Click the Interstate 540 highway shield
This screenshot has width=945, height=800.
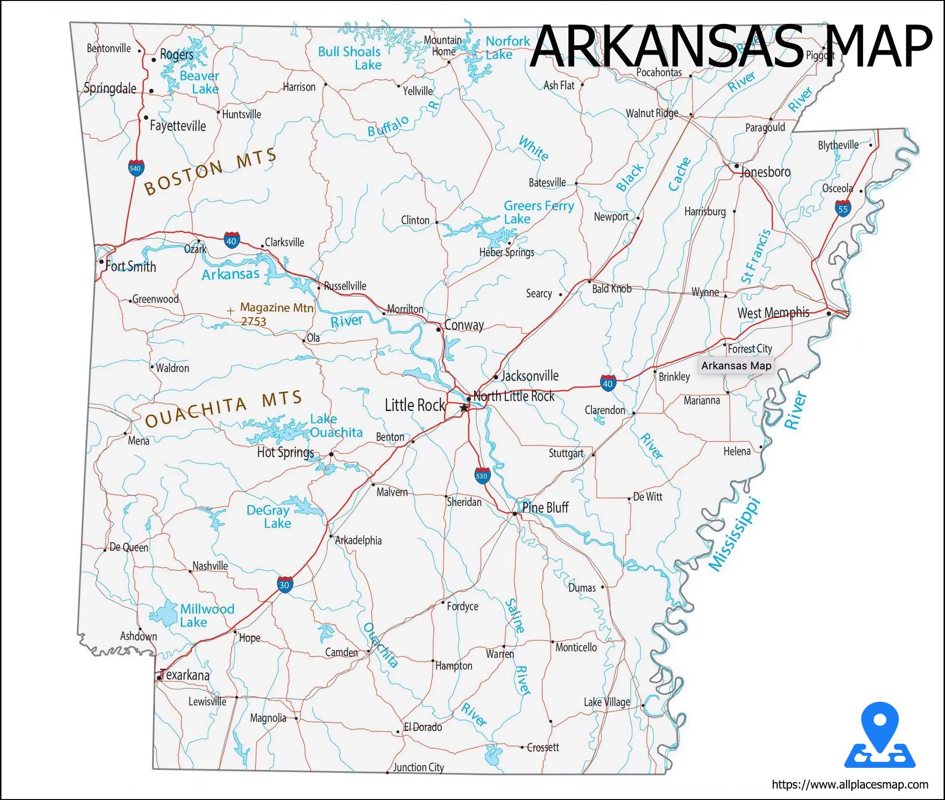[136, 168]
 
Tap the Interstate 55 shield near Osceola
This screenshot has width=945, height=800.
[843, 209]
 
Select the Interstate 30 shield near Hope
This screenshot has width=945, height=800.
[284, 585]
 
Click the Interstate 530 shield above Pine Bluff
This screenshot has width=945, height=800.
[482, 476]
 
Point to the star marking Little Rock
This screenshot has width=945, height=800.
[464, 408]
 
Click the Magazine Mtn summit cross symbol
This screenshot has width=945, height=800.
[231, 311]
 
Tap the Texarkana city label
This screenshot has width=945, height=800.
[185, 675]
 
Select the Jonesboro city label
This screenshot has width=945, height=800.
[765, 172]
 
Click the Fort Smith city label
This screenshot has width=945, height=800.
[130, 267]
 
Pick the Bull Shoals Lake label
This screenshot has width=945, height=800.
[350, 58]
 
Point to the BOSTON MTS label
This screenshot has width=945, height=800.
[211, 171]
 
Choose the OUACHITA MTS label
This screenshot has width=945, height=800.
[224, 408]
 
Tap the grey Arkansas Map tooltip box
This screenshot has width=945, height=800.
[736, 366]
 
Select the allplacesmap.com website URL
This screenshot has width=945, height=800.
[850, 785]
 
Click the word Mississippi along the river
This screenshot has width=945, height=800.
[735, 535]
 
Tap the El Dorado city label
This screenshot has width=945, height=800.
[423, 727]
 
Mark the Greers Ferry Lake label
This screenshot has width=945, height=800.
[538, 212]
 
